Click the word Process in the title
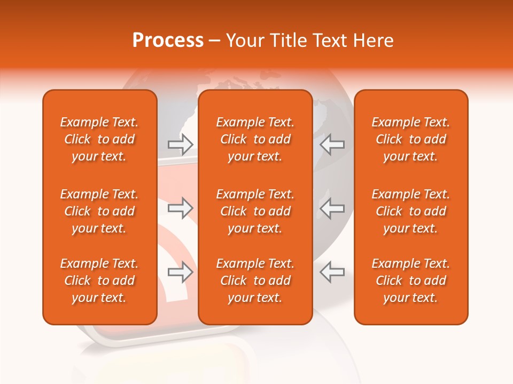tap(168, 41)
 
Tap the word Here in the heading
tap(374, 41)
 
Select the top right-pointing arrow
tap(181, 144)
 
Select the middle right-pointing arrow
tap(181, 208)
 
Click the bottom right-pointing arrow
tap(181, 272)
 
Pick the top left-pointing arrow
tap(332, 144)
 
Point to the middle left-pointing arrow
tap(332, 208)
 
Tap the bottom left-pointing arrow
tap(332, 272)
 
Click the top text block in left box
tap(99, 139)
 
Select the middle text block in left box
tap(99, 211)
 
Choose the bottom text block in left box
tap(99, 281)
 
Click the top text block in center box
tap(255, 139)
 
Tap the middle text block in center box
tap(255, 211)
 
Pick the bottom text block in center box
tap(255, 281)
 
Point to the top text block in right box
tap(411, 139)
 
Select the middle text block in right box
tap(411, 211)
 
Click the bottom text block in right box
tap(411, 281)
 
